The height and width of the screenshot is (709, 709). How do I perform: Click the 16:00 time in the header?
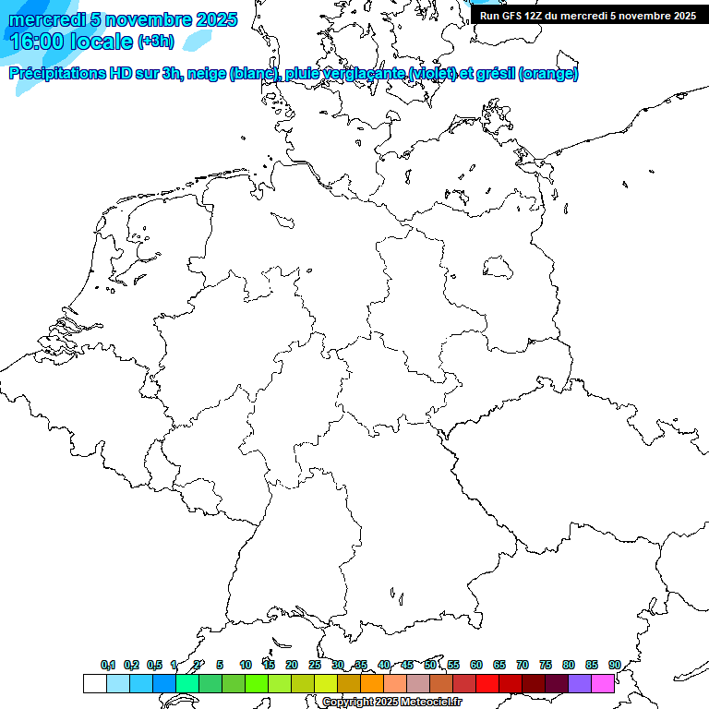coord(37,41)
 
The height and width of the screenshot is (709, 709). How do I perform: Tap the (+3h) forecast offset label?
coord(155,42)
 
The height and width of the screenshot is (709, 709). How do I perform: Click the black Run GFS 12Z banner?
coord(588,16)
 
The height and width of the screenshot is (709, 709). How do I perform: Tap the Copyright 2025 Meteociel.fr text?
coord(392,703)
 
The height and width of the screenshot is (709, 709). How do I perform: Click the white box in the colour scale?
coord(94,683)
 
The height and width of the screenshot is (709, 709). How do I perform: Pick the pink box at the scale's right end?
coord(603,683)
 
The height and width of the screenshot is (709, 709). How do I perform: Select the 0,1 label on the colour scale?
coord(108,666)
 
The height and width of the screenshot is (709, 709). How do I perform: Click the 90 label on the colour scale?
coord(614,666)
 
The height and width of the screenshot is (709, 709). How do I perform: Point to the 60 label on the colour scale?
coord(476,666)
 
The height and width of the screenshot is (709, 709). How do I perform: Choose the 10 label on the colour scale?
coord(246,666)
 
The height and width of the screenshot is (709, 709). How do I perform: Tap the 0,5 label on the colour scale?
coord(154,666)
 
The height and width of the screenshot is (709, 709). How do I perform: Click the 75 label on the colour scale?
coord(546,666)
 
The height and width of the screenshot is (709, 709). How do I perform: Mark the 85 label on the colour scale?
coord(592,666)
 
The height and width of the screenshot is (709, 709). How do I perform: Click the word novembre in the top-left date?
coord(149,19)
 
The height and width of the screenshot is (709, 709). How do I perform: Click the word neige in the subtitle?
coord(209,74)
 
